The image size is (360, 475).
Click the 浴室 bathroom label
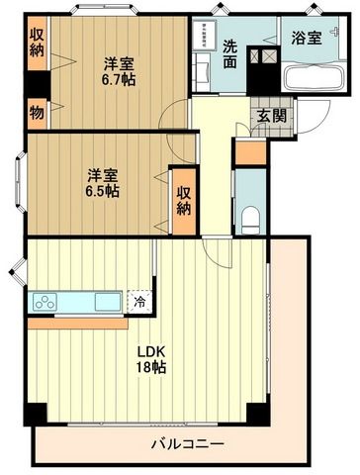point(307,39)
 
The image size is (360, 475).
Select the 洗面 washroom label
point(230,53)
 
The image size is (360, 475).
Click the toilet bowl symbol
point(249,215)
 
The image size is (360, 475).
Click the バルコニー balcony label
point(187,443)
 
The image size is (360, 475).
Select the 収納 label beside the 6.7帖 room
point(37,45)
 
